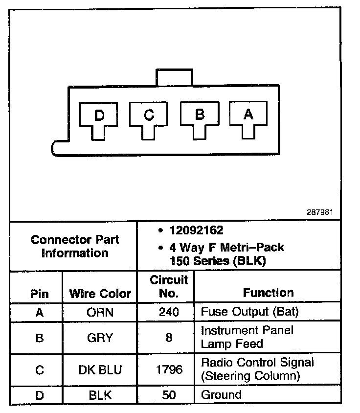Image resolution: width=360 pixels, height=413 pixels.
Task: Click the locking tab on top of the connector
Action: click(x=174, y=77)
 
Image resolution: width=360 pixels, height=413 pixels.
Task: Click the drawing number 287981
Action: click(x=320, y=212)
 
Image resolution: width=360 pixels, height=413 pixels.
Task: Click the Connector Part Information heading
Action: click(x=75, y=246)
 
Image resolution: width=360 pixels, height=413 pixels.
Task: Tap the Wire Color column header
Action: click(x=100, y=294)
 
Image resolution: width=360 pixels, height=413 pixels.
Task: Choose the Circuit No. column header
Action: click(x=169, y=287)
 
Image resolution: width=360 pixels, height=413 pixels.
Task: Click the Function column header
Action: click(x=268, y=293)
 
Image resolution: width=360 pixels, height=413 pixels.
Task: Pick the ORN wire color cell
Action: click(x=100, y=312)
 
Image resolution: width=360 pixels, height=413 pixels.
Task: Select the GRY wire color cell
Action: click(x=100, y=338)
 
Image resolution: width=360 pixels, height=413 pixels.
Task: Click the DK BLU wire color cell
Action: click(x=100, y=369)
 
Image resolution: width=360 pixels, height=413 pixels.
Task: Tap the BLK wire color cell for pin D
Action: click(x=100, y=395)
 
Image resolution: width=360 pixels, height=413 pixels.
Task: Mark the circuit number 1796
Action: click(x=169, y=369)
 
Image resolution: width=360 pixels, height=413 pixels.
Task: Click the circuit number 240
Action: click(x=169, y=312)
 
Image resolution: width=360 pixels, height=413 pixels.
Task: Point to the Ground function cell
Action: click(x=221, y=395)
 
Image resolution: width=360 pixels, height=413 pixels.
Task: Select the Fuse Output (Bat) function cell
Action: click(x=249, y=312)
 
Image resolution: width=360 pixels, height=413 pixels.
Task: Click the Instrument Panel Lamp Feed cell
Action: click(x=247, y=337)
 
